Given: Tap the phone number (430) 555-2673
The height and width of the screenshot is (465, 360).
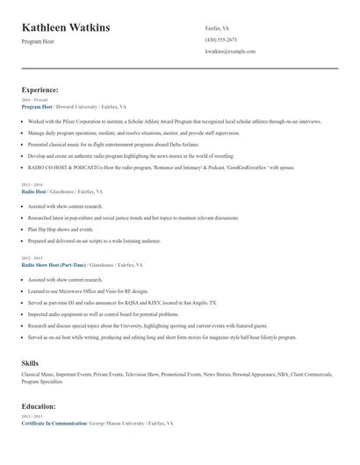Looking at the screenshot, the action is click(220, 39).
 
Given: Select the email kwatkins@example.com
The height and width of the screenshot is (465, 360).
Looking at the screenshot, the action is click(230, 51).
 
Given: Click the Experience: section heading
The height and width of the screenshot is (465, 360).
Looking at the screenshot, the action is click(40, 89).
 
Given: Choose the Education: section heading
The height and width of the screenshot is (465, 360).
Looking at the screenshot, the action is click(40, 407).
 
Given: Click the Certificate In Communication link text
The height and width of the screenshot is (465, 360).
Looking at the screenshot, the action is click(54, 424).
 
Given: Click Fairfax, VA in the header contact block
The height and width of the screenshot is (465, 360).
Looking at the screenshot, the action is click(218, 28).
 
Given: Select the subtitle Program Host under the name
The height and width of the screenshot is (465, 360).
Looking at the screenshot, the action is click(38, 41).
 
